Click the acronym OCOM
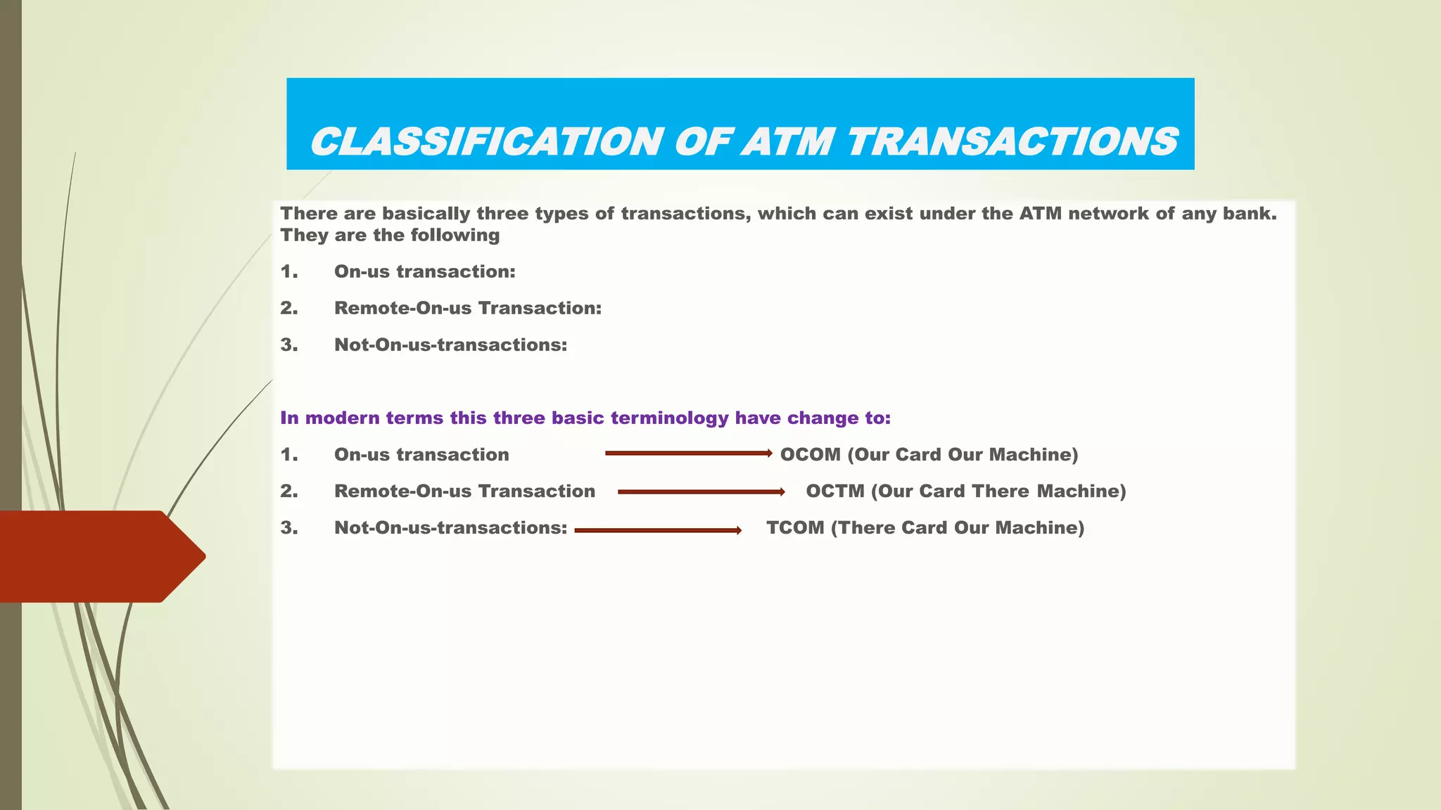tap(810, 455)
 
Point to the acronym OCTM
tap(834, 491)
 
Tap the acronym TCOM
tap(794, 528)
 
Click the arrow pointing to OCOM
tap(688, 454)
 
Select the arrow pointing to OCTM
tap(701, 492)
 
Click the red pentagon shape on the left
tap(99, 556)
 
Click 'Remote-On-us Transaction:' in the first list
tap(467, 309)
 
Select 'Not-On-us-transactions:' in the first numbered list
tap(450, 345)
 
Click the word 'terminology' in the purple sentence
tap(669, 418)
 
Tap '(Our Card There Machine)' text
tap(998, 491)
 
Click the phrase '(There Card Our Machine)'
tap(957, 528)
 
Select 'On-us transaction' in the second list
tap(421, 455)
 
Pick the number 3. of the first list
tap(288, 345)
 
